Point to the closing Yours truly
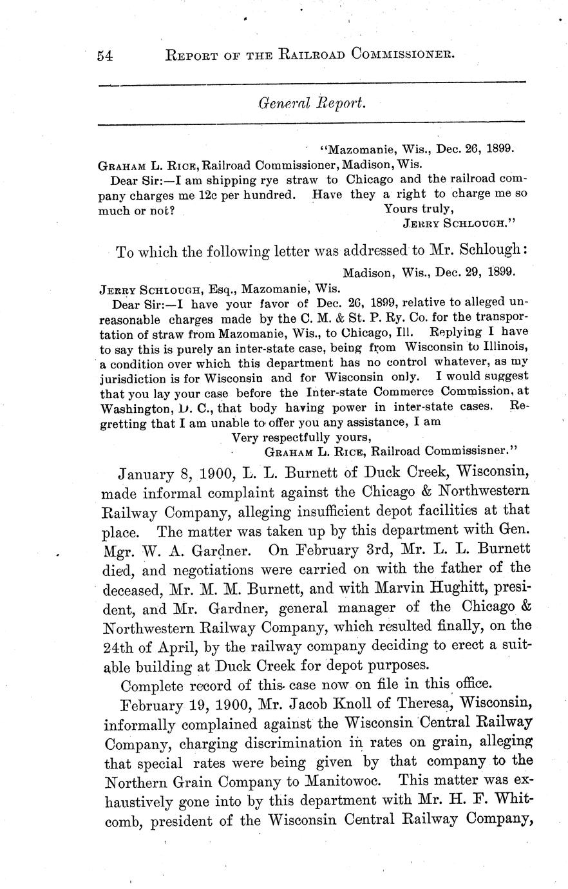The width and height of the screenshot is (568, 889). coord(419,208)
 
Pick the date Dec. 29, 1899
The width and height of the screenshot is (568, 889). coord(475,272)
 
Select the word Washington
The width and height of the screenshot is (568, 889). coord(133,408)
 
